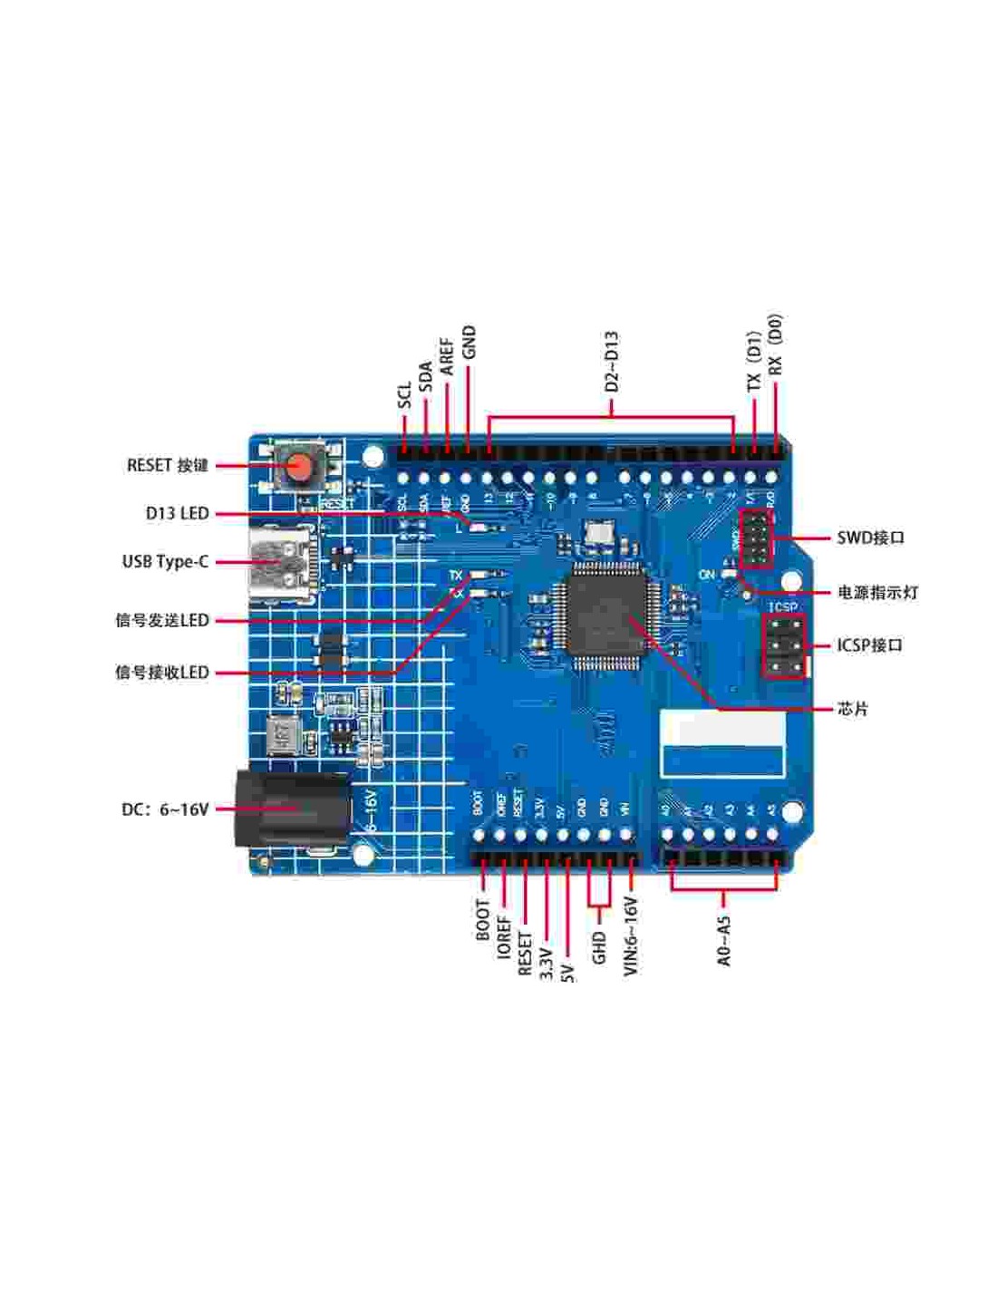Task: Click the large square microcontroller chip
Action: click(601, 614)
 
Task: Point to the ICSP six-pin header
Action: click(784, 646)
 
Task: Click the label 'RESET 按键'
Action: click(168, 465)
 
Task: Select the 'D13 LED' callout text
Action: click(178, 513)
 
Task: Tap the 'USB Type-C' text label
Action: click(165, 561)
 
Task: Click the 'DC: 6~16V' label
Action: click(165, 809)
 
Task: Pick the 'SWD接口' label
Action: click(870, 538)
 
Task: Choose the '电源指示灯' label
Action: click(877, 593)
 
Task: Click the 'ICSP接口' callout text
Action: click(869, 645)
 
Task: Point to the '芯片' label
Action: click(853, 708)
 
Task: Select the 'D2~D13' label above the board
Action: click(611, 361)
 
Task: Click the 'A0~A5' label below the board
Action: click(723, 940)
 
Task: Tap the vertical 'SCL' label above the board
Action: click(404, 394)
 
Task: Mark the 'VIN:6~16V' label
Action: click(631, 935)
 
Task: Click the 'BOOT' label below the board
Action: click(482, 919)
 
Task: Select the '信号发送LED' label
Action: click(162, 621)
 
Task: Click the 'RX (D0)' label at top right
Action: click(775, 345)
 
